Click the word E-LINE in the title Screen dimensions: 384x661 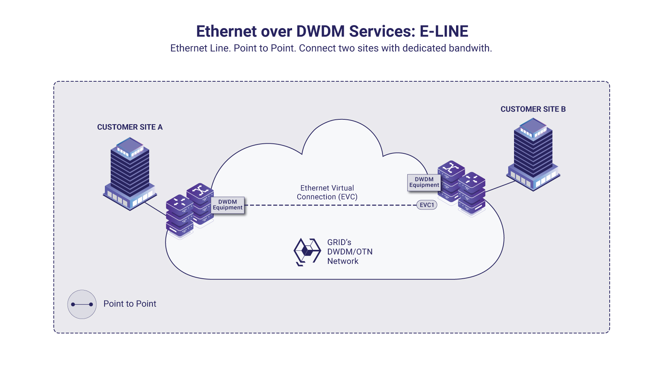click(x=443, y=31)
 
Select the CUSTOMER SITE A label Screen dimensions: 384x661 click(x=130, y=127)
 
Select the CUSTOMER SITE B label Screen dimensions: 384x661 click(x=533, y=109)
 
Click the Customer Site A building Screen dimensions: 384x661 click(x=130, y=174)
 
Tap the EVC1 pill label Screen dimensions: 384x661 click(x=427, y=205)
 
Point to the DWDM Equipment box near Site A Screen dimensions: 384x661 click(x=227, y=205)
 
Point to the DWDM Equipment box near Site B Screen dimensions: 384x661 click(x=424, y=182)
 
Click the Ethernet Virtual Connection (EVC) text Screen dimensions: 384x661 click(x=327, y=193)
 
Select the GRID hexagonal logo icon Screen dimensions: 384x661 click(x=306, y=252)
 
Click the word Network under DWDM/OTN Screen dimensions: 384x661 click(x=343, y=261)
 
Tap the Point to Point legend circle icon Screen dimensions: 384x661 click(x=82, y=304)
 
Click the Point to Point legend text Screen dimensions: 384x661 click(x=130, y=304)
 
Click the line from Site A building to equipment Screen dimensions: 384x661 click(x=155, y=209)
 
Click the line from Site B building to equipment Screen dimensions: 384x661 click(x=500, y=186)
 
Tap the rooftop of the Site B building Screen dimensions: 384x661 click(x=533, y=126)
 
